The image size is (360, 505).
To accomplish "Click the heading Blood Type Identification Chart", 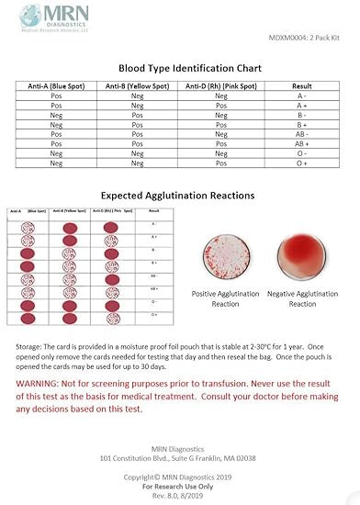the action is [x=190, y=68].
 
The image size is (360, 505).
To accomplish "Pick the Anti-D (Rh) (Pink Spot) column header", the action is [x=221, y=86].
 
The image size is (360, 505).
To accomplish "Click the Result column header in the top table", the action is [x=301, y=86].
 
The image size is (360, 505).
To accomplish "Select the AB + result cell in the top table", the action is [x=301, y=144].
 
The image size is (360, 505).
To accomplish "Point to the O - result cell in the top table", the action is [x=301, y=153].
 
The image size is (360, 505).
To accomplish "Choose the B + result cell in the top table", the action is [x=301, y=125].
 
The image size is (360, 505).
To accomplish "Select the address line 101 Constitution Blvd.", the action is [x=179, y=457].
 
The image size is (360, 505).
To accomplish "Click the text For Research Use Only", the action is [x=179, y=476].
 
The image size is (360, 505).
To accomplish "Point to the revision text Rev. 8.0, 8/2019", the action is [x=179, y=485].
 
